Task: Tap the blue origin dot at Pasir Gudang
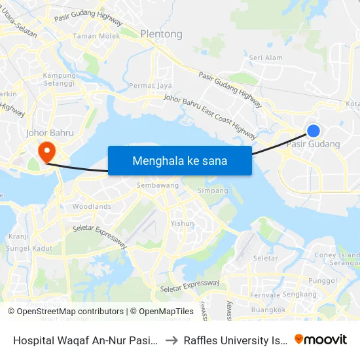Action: point(314,131)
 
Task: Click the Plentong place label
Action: point(161,34)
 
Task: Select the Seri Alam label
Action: point(266,58)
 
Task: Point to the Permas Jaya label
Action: point(151,86)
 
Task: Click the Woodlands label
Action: point(92,206)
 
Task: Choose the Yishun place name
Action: point(182,223)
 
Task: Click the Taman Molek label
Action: point(97,37)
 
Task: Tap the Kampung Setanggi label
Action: point(59,79)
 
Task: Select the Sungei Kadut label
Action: point(29,249)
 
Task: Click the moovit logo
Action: point(321,339)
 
